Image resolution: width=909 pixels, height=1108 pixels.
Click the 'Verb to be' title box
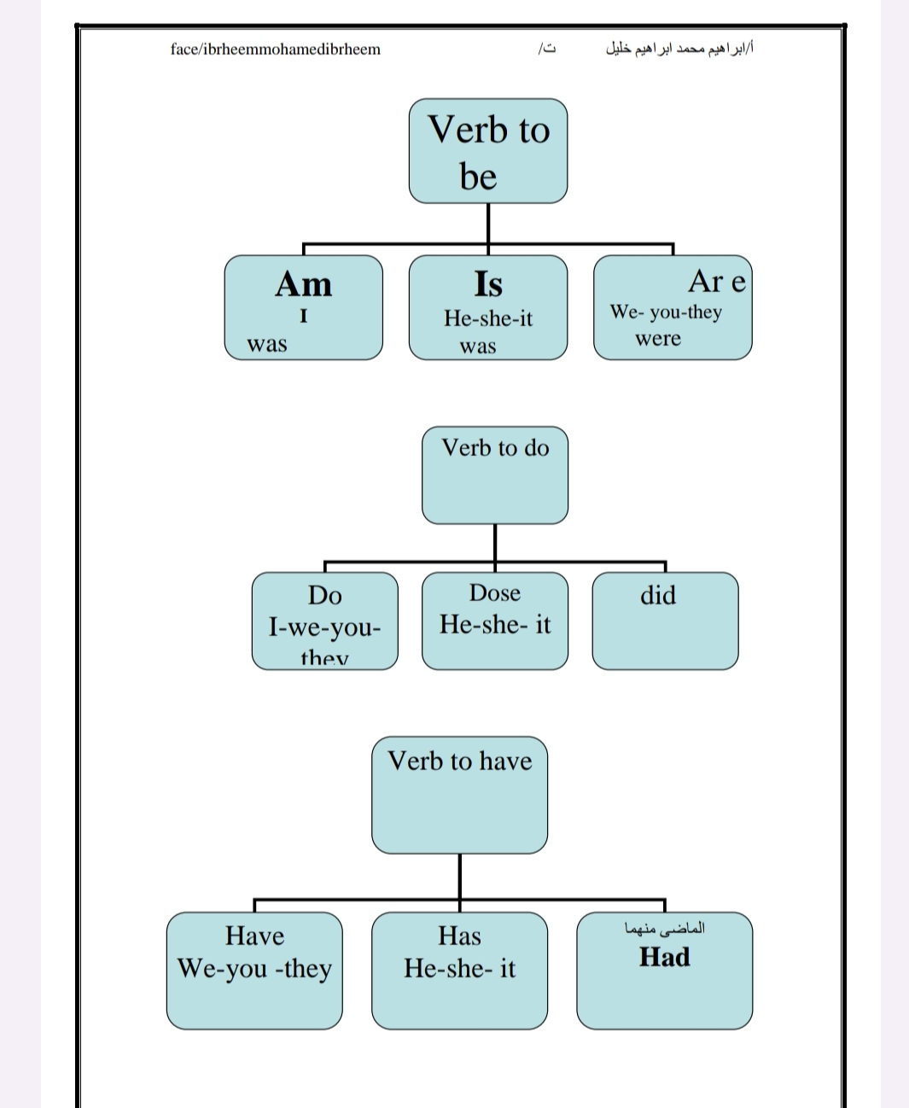[x=487, y=151]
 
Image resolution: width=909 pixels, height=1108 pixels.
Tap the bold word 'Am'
[x=303, y=283]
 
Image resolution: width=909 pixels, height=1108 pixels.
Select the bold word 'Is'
[x=487, y=283]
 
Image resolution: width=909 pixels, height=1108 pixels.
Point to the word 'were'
[x=657, y=338]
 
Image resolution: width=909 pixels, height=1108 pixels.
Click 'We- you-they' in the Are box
[x=666, y=312]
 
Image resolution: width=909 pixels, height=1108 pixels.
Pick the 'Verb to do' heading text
[x=495, y=447]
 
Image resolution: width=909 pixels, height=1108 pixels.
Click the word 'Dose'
[x=494, y=592]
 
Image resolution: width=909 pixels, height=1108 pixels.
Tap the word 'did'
[x=658, y=595]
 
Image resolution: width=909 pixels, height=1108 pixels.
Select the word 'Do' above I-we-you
[x=324, y=595]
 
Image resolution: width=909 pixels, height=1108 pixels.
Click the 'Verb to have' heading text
[x=459, y=761]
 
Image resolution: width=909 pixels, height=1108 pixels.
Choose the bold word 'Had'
[x=664, y=957]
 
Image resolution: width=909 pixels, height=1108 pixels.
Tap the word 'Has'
[x=459, y=936]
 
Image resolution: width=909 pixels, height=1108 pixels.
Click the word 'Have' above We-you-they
[x=254, y=936]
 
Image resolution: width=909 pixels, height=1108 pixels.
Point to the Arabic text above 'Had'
[x=665, y=928]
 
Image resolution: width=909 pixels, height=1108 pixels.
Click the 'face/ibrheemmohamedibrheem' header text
[x=275, y=49]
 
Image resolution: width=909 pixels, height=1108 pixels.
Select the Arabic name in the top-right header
[x=679, y=48]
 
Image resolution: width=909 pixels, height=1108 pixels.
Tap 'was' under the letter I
[x=266, y=344]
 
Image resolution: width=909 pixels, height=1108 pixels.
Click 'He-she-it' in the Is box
[x=487, y=318]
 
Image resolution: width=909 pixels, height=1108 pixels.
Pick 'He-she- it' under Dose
[x=495, y=625]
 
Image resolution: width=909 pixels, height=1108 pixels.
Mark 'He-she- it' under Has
[x=459, y=968]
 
